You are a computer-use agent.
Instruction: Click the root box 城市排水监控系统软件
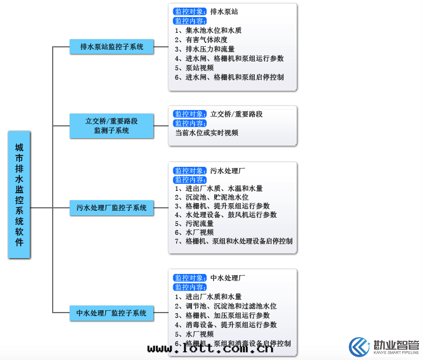tap(19, 194)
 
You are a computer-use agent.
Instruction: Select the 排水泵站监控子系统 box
tap(111, 46)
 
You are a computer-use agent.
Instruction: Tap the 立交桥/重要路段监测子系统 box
tap(111, 126)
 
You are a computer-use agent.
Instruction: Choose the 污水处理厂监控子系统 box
tap(111, 207)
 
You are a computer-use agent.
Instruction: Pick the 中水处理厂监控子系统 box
tap(111, 313)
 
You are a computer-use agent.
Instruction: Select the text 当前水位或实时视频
tap(207, 133)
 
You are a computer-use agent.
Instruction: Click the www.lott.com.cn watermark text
tap(210, 349)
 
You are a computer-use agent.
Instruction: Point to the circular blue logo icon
tap(360, 347)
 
